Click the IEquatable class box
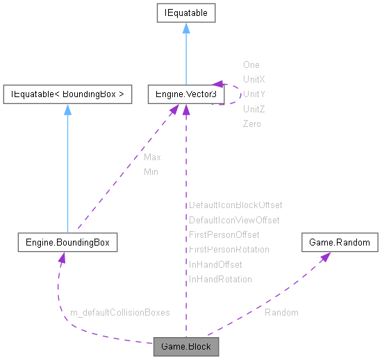(x=185, y=12)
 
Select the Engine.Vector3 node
(x=185, y=94)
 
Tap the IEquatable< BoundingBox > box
(x=67, y=94)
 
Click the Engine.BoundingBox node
(x=67, y=243)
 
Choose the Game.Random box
(x=340, y=243)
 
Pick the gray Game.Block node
(x=185, y=346)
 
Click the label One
(x=251, y=65)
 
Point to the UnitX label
(x=254, y=80)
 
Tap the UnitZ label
(x=254, y=109)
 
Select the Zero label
(x=251, y=123)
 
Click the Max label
(x=152, y=157)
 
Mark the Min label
(x=151, y=171)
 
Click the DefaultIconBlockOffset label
(x=235, y=205)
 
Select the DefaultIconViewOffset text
(x=234, y=220)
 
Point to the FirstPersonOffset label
(x=224, y=234)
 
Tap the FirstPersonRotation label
(x=229, y=249)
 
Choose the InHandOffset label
(x=215, y=264)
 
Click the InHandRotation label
(x=220, y=279)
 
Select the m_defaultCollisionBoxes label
(x=120, y=313)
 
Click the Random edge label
(x=281, y=313)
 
